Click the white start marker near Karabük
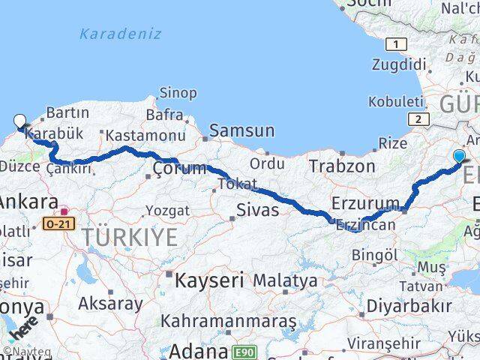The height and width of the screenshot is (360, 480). pos(19,120)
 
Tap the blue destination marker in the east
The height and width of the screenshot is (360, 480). pos(459,156)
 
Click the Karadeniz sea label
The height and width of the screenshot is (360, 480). pos(120,34)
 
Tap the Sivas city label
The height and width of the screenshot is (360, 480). pos(257,210)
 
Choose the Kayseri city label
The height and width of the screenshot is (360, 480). pos(209,281)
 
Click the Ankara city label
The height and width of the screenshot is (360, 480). pos(29,202)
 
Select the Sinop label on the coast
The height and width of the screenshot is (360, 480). pos(178,93)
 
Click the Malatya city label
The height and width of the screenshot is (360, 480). pos(284,281)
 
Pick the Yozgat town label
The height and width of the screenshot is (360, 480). pos(167,210)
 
